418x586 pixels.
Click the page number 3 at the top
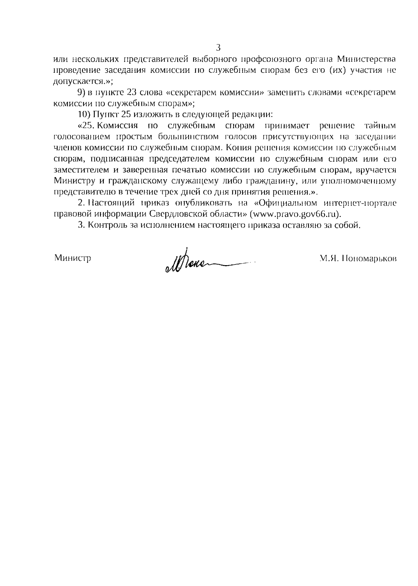pos(218,48)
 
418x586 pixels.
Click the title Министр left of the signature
pos(73,259)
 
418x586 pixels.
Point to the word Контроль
pos(105,225)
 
